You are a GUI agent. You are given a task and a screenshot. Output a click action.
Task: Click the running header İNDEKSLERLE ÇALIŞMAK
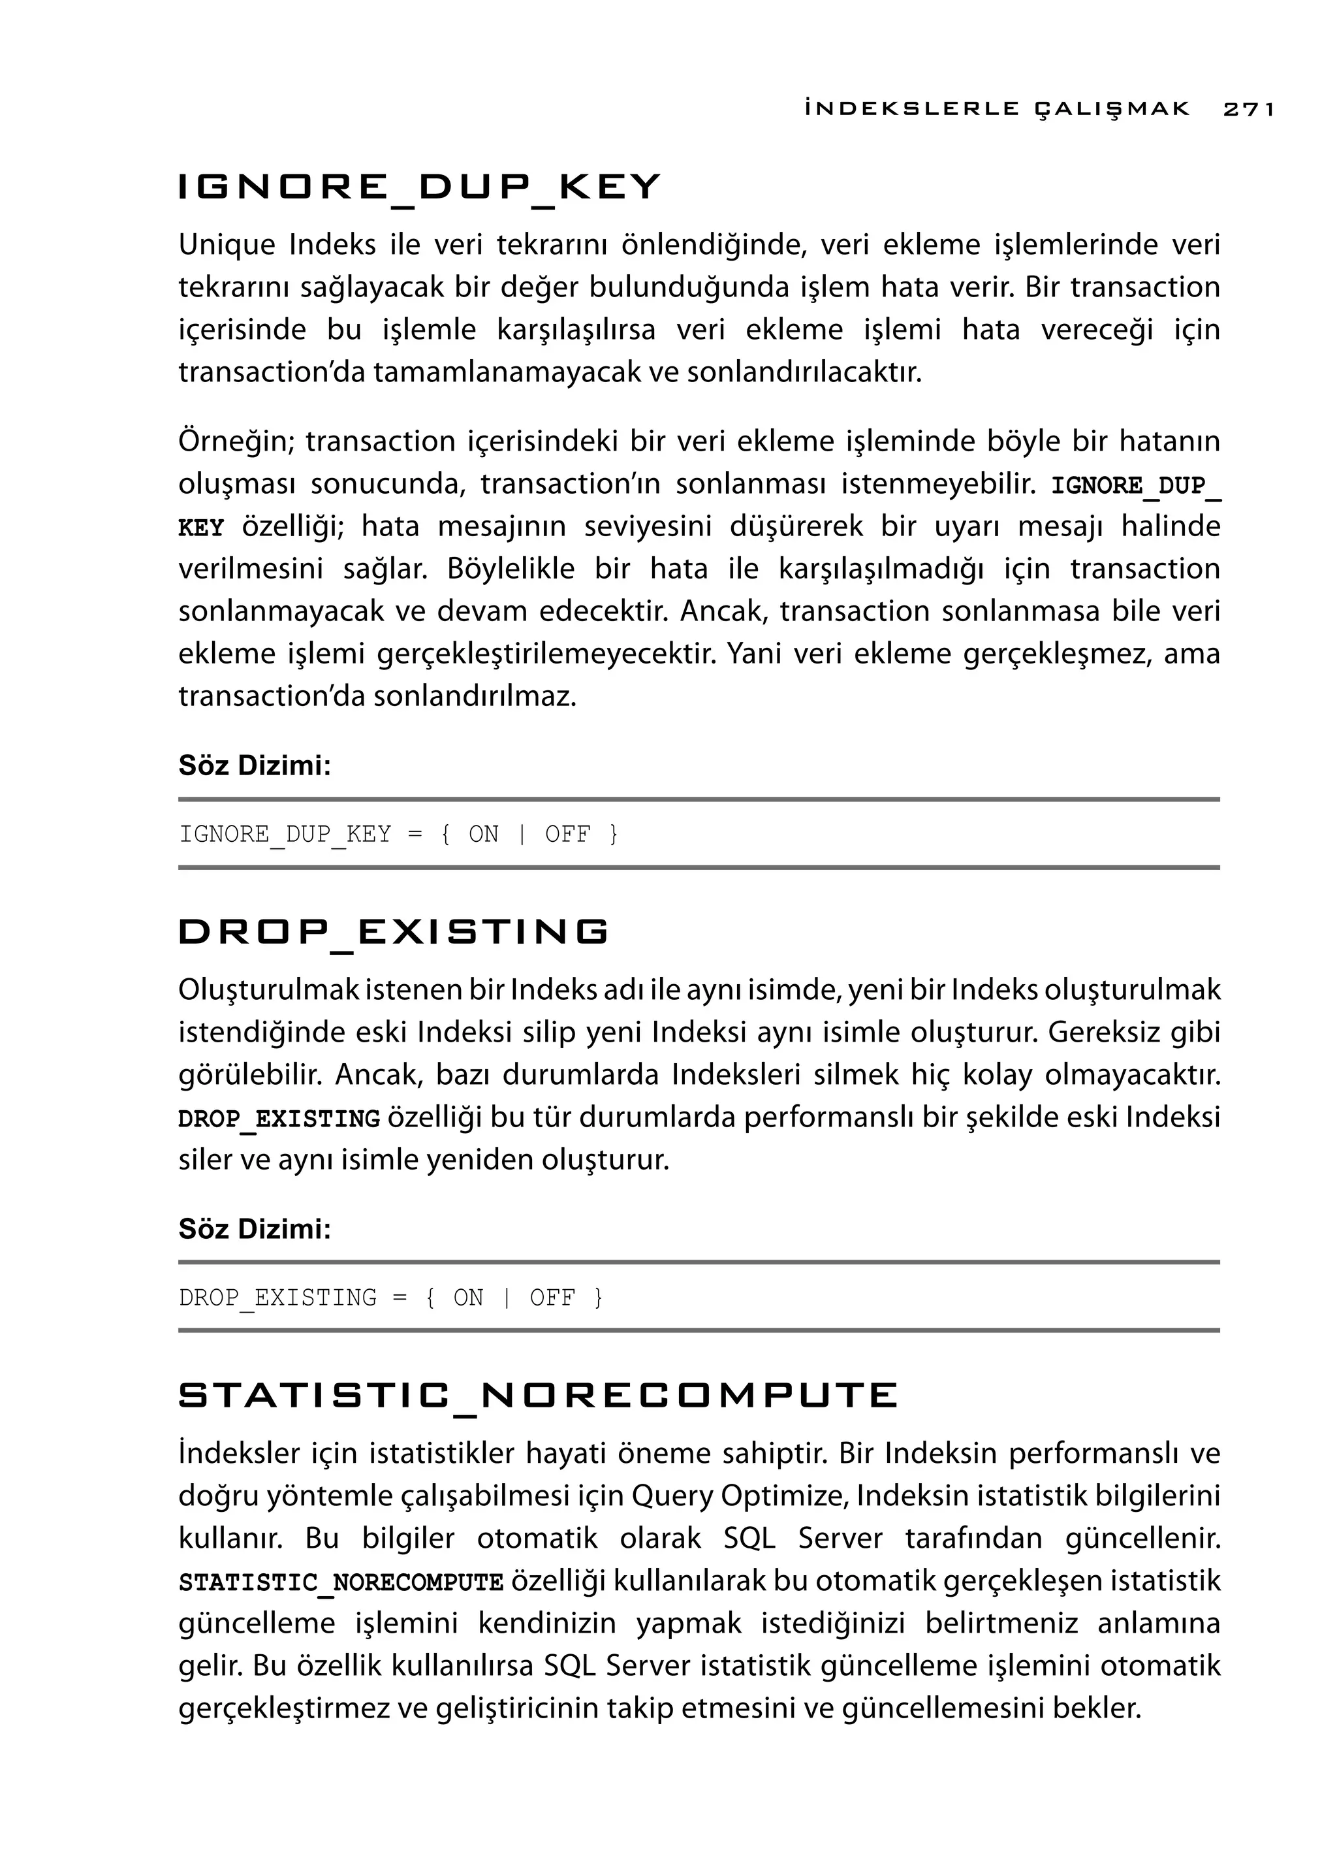click(997, 108)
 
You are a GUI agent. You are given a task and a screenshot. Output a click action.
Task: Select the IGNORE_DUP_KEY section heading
click(419, 188)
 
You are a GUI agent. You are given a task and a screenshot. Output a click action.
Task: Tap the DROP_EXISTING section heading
click(394, 931)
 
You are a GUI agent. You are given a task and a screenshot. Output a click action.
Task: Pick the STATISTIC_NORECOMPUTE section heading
click(537, 1395)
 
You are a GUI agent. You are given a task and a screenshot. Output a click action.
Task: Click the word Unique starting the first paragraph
click(227, 245)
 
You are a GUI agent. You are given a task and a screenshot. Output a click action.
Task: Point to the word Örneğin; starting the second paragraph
click(236, 441)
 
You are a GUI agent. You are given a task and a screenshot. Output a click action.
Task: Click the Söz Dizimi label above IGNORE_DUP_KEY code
click(255, 765)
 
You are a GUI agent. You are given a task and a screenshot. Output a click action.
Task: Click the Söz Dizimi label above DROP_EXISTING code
click(255, 1229)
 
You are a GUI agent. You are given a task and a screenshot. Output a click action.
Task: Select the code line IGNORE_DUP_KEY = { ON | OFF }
click(398, 835)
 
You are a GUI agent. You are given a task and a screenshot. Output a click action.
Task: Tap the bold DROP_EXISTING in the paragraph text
click(279, 1119)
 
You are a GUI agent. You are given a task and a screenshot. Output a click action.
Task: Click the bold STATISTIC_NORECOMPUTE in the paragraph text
click(341, 1583)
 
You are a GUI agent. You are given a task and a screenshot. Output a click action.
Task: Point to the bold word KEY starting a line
click(201, 528)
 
